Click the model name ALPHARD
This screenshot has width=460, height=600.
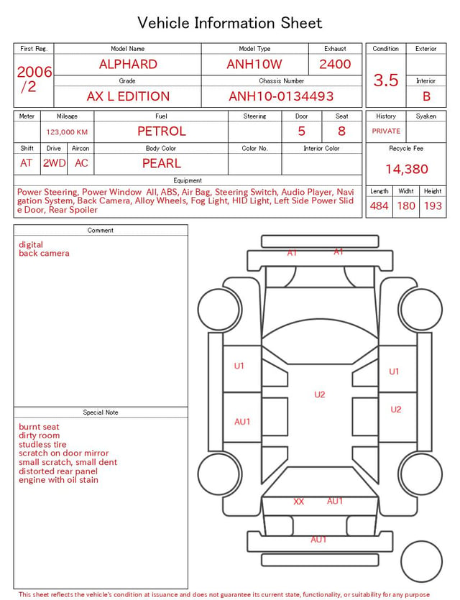tap(128, 64)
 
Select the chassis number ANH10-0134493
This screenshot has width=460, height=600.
tap(281, 96)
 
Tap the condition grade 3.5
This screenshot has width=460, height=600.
tap(386, 80)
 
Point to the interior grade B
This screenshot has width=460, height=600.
tap(426, 96)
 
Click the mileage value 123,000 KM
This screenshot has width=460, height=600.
tap(67, 132)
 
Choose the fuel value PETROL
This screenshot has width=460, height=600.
tap(162, 131)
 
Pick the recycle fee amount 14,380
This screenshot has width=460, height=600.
tap(406, 169)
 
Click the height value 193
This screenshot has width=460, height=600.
tap(433, 206)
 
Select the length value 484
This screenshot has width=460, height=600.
tap(379, 206)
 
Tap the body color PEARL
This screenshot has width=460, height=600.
tap(162, 163)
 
